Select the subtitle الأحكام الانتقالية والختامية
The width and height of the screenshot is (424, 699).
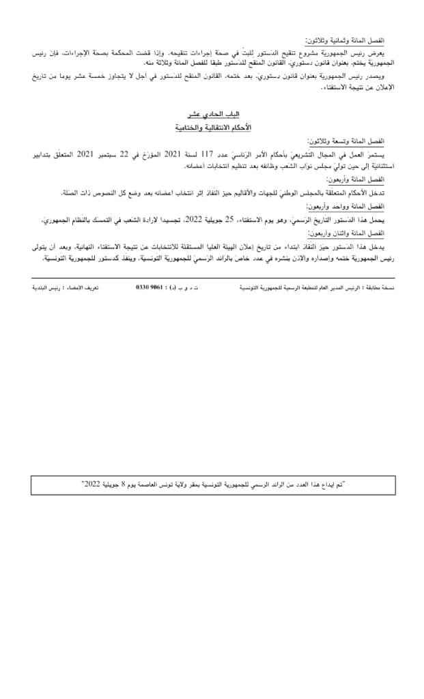tap(209, 128)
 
